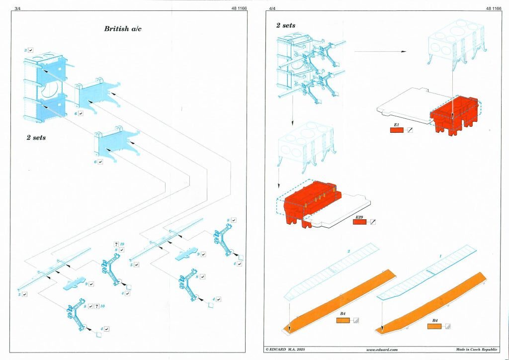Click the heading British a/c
123,29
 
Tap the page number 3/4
17,8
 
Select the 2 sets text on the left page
36,138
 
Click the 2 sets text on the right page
286,25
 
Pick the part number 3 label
25,51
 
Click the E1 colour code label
396,124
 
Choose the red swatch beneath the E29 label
359,222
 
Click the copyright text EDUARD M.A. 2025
285,350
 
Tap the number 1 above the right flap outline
440,255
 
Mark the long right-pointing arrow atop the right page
380,51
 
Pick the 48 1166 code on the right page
493,8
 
